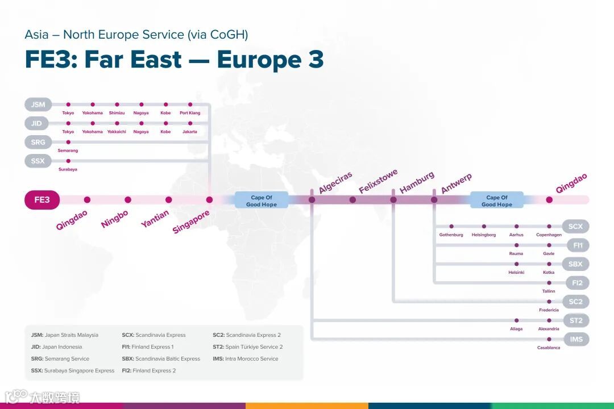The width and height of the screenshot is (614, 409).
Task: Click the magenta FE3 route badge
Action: pyautogui.click(x=42, y=200)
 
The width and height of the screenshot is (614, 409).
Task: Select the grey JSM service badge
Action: pyautogui.click(x=38, y=105)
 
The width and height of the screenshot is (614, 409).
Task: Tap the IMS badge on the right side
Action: pyautogui.click(x=576, y=339)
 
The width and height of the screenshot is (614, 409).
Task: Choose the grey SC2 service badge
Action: pyautogui.click(x=576, y=302)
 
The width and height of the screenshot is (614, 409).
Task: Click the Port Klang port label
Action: pyautogui.click(x=190, y=113)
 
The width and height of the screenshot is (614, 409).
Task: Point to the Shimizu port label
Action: pyautogui.click(x=117, y=113)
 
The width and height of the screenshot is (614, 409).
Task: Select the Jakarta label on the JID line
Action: pyautogui.click(x=190, y=132)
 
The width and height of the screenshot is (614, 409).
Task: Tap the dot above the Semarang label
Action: pyautogui.click(x=68, y=142)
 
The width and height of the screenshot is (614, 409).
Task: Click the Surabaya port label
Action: pyautogui.click(x=68, y=169)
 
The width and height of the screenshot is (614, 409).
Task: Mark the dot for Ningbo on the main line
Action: pyautogui.click(x=128, y=200)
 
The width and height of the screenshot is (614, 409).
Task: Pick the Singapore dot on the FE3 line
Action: pyautogui.click(x=209, y=200)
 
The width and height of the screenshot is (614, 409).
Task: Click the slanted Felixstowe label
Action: pyautogui.click(x=378, y=181)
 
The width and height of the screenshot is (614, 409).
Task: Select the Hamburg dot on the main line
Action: pyautogui.click(x=393, y=200)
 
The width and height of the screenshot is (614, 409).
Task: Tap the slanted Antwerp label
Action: pyautogui.click(x=457, y=184)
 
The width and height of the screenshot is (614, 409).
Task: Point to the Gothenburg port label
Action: pyautogui.click(x=451, y=235)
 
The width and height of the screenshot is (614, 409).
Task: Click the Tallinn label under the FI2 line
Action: pyautogui.click(x=549, y=291)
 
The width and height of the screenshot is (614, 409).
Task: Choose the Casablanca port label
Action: pyautogui.click(x=549, y=348)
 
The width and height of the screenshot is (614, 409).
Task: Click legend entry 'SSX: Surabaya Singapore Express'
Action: pyautogui.click(x=73, y=370)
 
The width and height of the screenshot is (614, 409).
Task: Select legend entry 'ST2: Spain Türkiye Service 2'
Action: pyautogui.click(x=247, y=347)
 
